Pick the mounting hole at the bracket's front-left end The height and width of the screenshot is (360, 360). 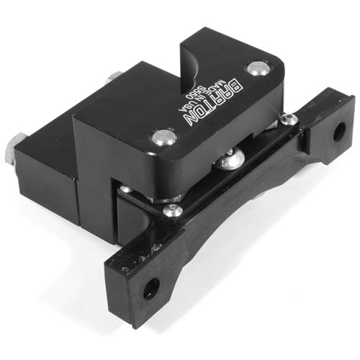(x=150, y=289)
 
